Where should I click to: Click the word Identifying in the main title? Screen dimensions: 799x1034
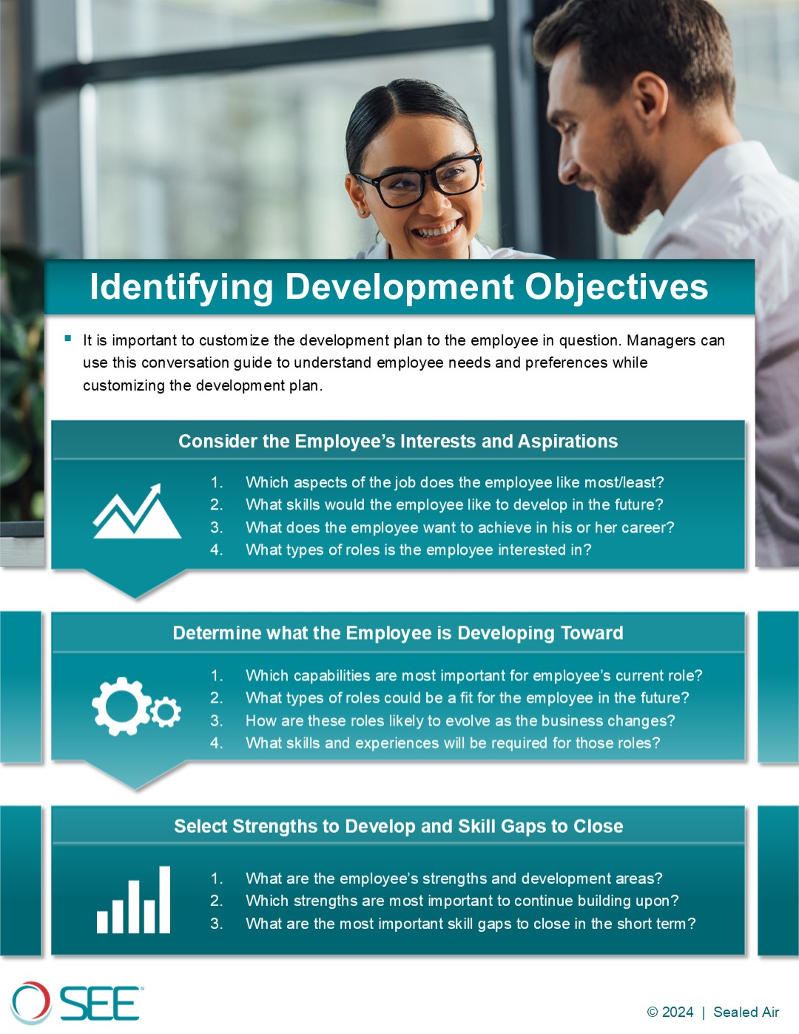[x=181, y=288]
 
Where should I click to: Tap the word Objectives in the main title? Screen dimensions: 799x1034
[x=616, y=288]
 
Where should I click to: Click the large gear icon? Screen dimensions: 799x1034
[x=121, y=706]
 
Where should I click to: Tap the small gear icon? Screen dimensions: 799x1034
[x=165, y=712]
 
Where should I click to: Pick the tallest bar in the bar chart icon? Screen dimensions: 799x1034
[x=164, y=899]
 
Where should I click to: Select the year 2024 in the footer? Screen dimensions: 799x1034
[x=678, y=1012]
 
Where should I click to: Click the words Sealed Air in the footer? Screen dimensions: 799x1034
[x=746, y=1012]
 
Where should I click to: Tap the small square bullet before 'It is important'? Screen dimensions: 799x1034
[x=68, y=339]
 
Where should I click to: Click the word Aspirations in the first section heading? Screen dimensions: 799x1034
[x=567, y=442]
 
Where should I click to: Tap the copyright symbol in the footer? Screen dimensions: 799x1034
[x=652, y=1012]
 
